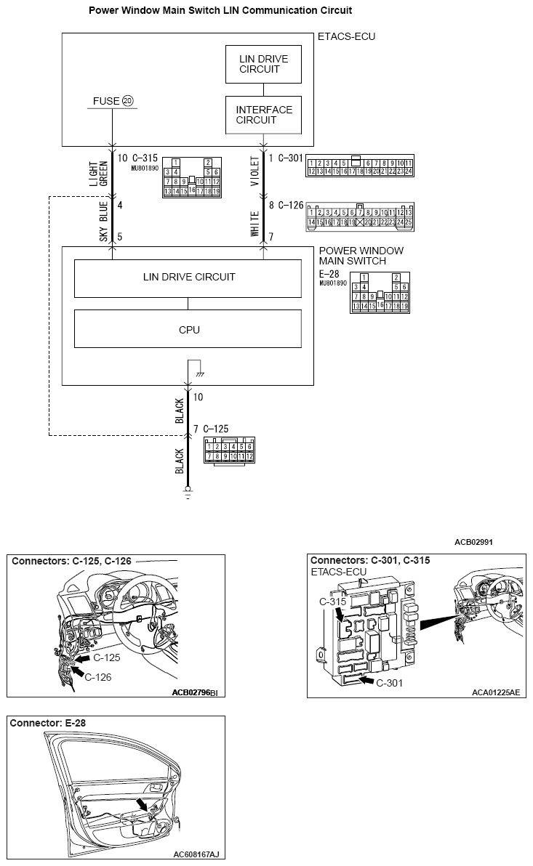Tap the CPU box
188,329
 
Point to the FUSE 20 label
111,101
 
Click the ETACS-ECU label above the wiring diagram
347,36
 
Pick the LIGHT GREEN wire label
98,173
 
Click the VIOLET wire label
254,171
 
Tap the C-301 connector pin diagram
360,166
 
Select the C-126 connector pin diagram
360,216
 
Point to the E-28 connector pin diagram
380,292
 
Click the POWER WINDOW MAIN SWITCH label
361,256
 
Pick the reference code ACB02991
474,541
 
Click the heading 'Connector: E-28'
48,723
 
